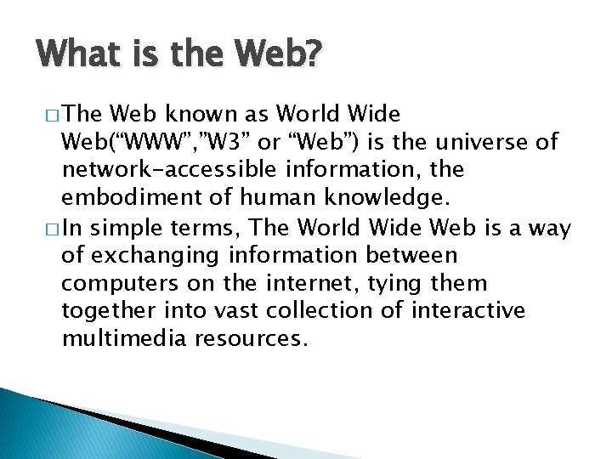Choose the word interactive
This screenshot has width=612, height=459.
click(467, 312)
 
